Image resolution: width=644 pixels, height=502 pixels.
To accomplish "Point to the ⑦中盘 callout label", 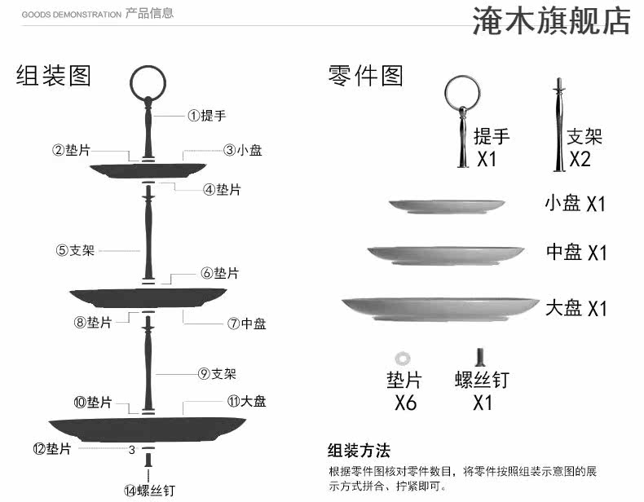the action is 247,324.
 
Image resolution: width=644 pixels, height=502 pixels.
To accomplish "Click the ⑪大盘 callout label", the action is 246,401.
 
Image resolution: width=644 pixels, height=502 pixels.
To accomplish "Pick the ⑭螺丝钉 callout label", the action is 149,490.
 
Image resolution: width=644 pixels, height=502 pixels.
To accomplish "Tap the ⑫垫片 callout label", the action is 51,448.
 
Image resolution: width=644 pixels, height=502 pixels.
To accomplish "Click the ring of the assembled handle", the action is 148,80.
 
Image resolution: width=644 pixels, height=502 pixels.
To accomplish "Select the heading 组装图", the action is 54,76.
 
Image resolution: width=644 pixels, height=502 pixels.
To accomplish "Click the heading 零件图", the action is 366,76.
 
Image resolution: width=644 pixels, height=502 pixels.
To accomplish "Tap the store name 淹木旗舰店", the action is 552,22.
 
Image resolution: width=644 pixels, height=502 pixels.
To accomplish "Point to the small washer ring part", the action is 400,358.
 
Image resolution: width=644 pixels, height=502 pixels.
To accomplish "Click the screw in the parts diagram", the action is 481,358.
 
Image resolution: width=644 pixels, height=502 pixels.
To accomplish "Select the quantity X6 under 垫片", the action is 405,403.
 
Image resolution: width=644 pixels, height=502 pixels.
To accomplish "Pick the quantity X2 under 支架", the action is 580,158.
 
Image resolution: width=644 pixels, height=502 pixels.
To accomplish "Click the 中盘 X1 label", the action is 576,253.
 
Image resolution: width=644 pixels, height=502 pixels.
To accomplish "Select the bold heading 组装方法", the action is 359,451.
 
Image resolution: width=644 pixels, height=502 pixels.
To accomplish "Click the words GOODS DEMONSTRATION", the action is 71,15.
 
